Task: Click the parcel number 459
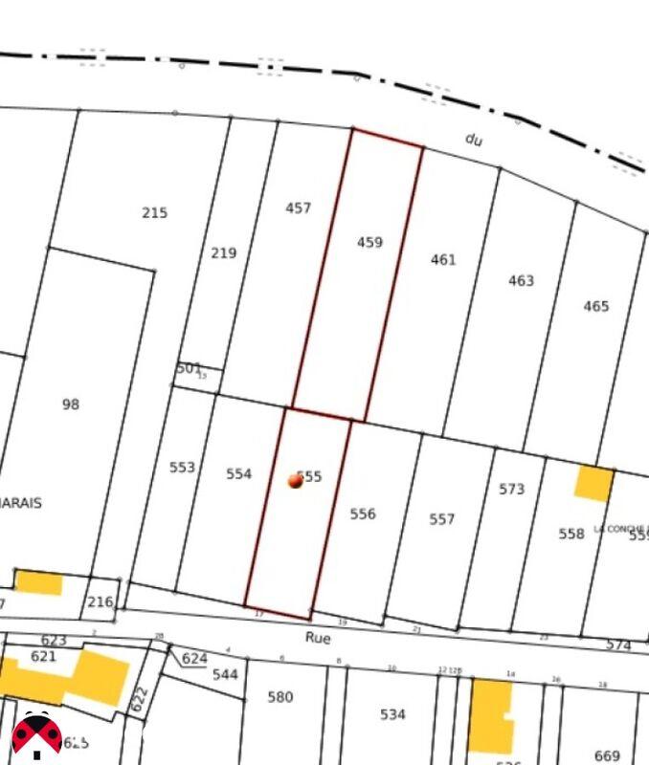[369, 243]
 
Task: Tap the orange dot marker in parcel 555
[296, 481]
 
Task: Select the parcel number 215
[154, 213]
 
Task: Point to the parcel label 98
[71, 404]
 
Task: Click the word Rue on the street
[317, 637]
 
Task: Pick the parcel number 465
[595, 307]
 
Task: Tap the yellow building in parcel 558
[593, 483]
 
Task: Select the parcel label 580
[280, 697]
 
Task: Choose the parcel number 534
[392, 714]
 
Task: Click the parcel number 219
[223, 253]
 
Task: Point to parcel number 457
[298, 208]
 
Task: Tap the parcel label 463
[521, 281]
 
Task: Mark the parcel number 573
[511, 490]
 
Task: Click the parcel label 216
[100, 602]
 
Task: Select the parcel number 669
[607, 755]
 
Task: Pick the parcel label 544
[225, 674]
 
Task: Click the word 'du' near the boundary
[473, 140]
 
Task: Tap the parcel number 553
[182, 468]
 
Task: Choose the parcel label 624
[194, 659]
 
